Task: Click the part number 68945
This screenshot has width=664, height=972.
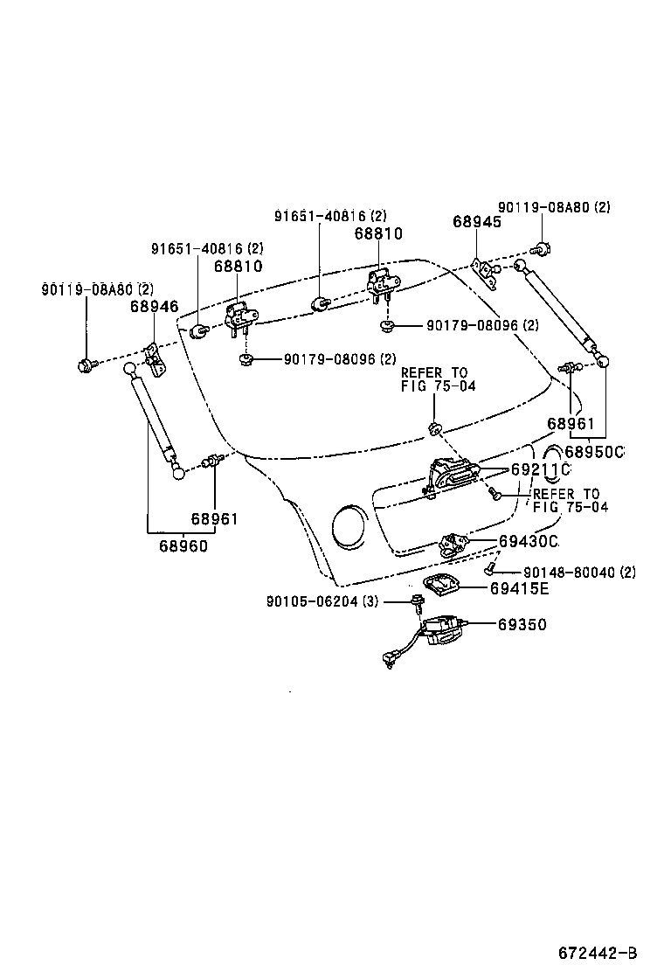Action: click(x=477, y=222)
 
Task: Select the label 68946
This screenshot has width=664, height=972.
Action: click(x=154, y=306)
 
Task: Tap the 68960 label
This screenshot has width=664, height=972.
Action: click(x=183, y=546)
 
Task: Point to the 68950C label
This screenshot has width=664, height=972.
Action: click(x=595, y=452)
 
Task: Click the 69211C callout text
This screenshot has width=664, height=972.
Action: click(x=540, y=469)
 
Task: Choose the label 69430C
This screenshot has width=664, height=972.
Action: click(x=528, y=542)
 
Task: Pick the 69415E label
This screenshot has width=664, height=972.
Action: click(x=519, y=588)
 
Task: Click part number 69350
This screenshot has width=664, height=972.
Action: click(x=523, y=625)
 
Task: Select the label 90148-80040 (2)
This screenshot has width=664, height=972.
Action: click(x=579, y=573)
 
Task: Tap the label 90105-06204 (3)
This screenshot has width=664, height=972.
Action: click(x=322, y=601)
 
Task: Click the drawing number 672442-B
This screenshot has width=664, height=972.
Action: click(x=598, y=951)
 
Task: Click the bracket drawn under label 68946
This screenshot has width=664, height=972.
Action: click(x=155, y=358)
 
